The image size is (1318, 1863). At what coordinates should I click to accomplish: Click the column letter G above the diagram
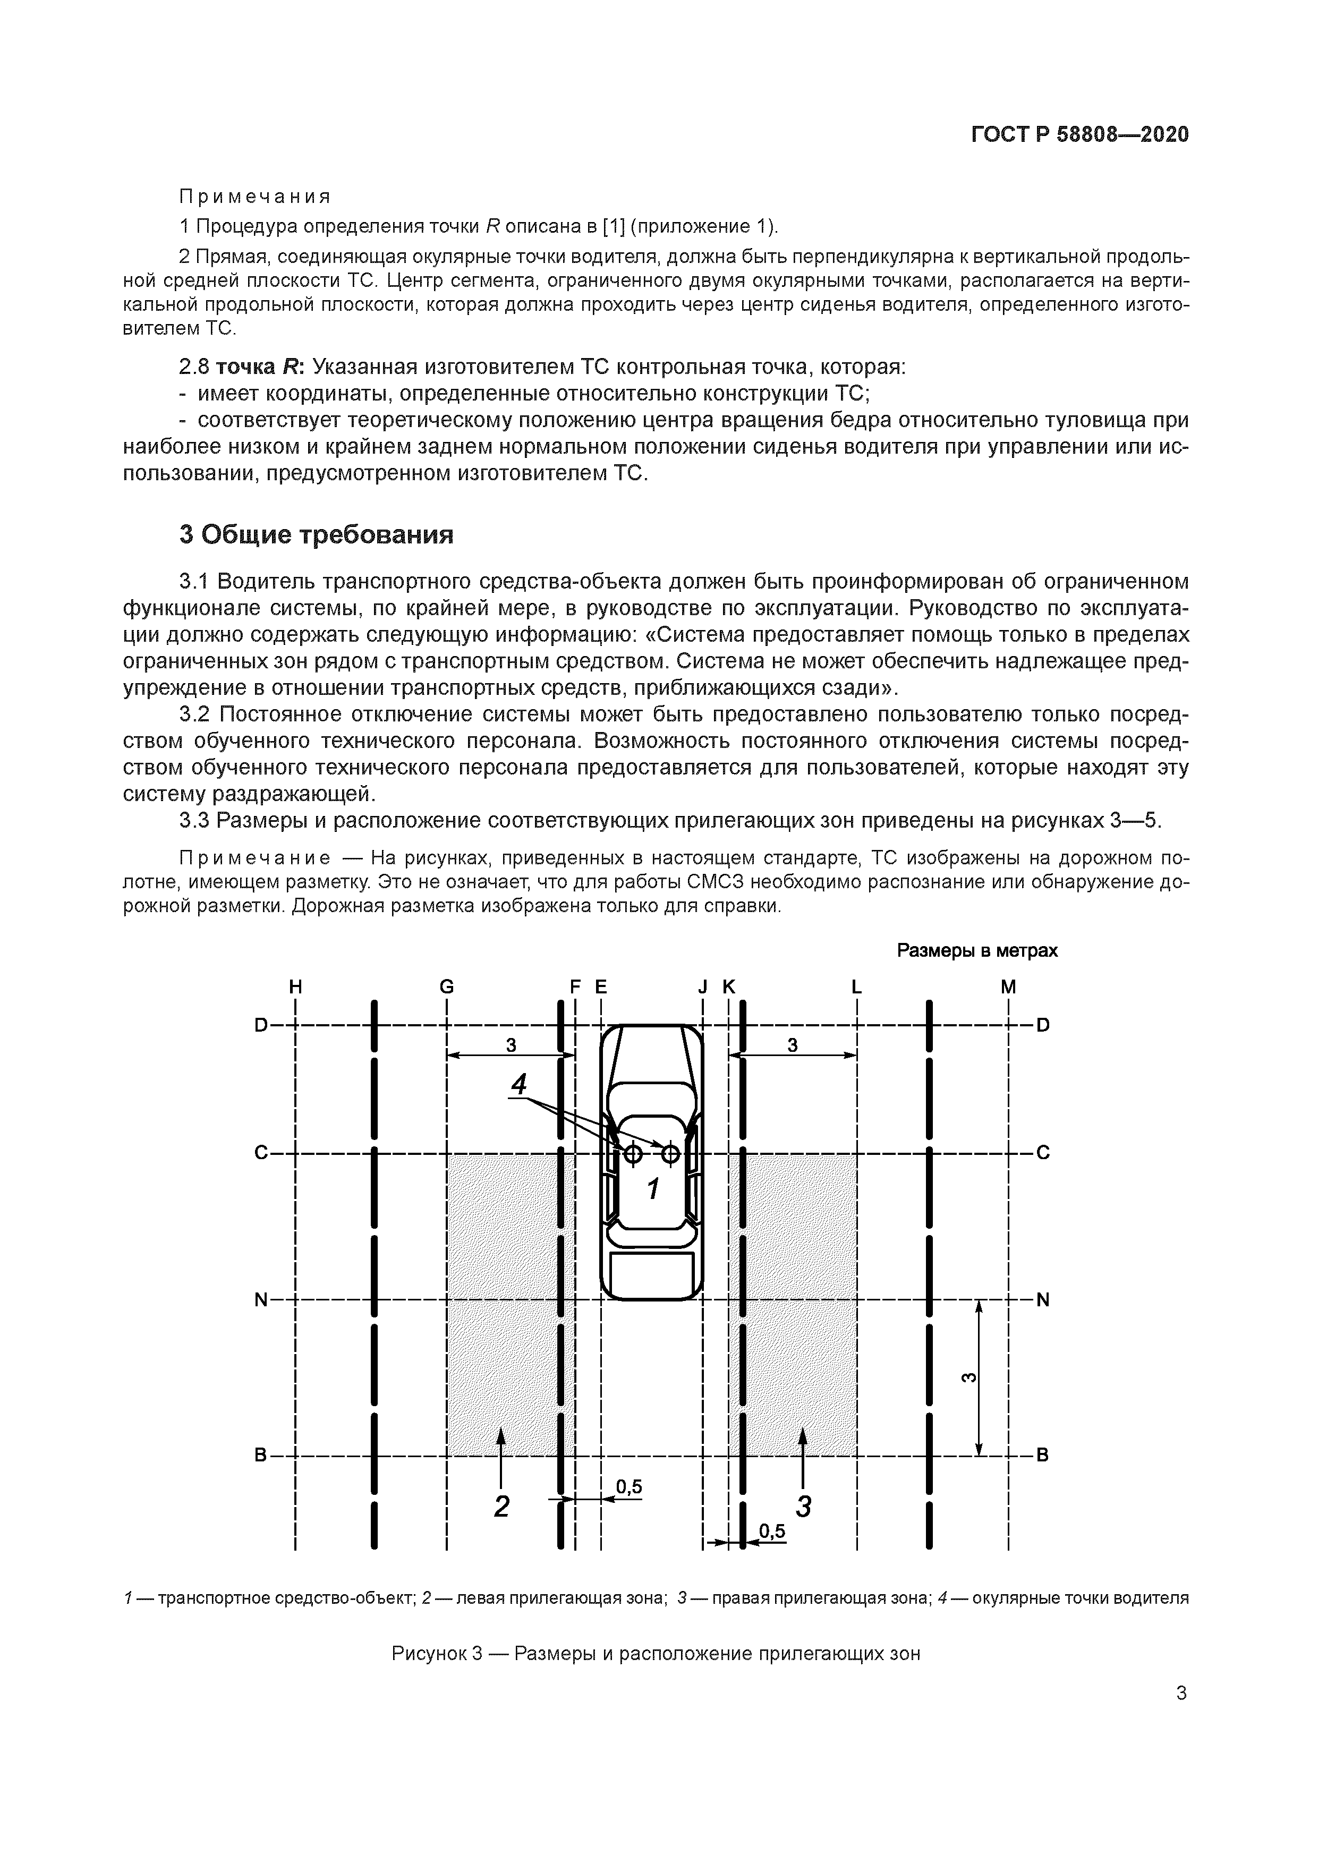coord(446,986)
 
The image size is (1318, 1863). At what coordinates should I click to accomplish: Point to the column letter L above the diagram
coord(856,986)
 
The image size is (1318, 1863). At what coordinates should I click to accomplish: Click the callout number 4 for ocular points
coord(518,1084)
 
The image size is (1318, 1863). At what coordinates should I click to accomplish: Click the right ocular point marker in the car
coord(670,1153)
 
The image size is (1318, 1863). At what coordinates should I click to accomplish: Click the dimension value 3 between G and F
coord(511,1045)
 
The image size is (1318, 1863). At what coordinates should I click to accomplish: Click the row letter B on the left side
coord(260,1456)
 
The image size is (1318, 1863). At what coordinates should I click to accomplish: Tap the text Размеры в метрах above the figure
coord(977,950)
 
